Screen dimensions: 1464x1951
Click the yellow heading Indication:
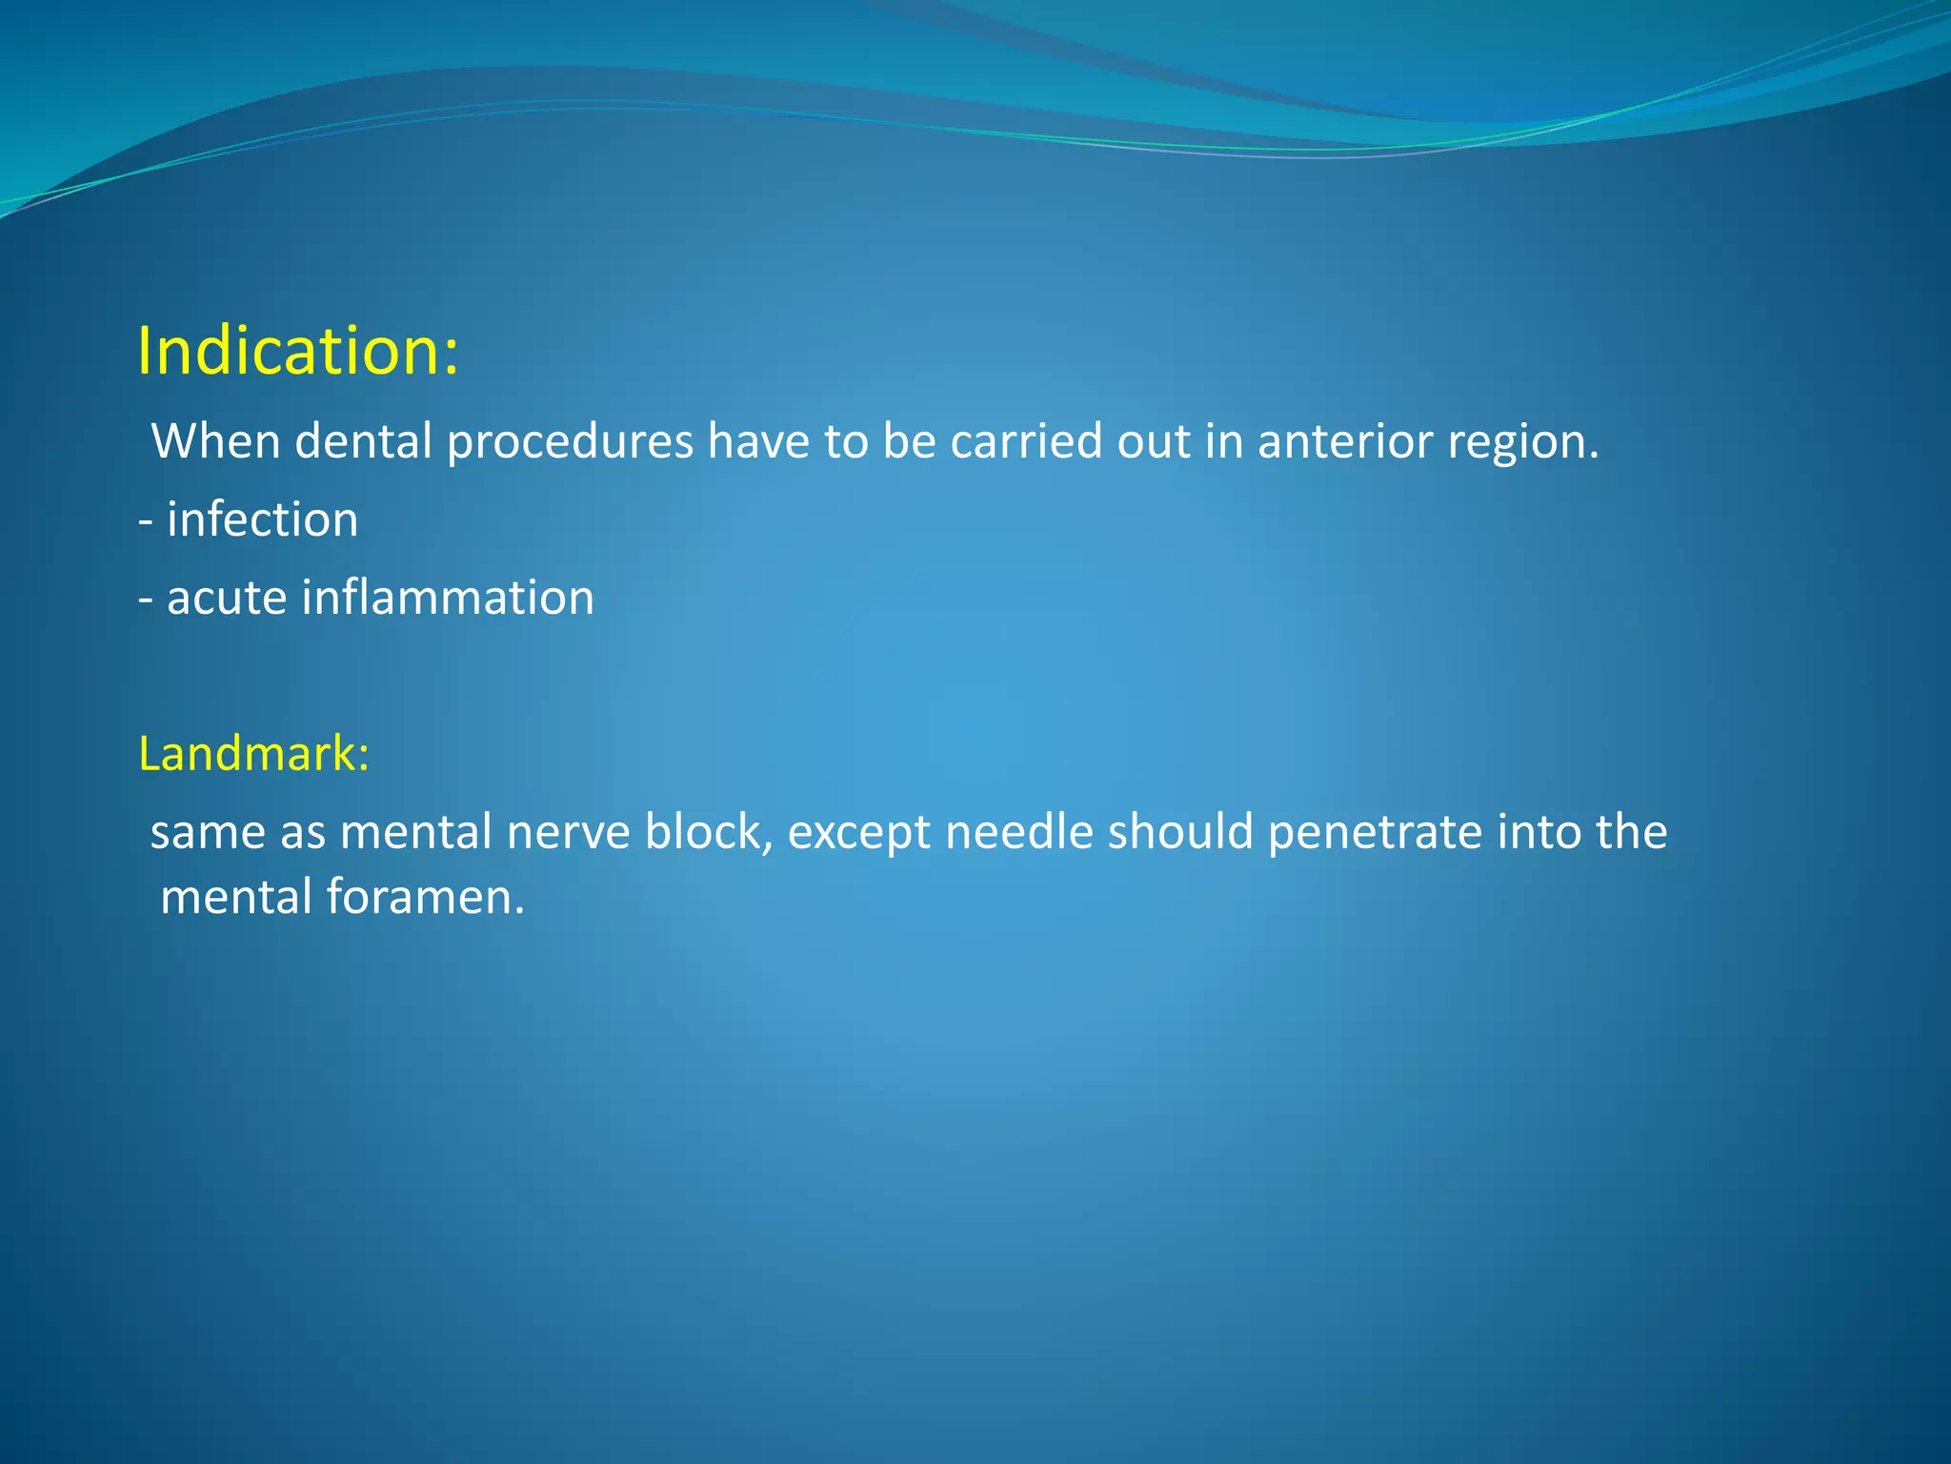297,351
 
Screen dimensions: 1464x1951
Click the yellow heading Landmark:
253,753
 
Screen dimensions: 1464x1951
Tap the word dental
364,441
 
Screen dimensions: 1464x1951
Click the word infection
262,519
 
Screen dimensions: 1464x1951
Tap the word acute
227,598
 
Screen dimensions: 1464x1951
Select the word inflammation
448,598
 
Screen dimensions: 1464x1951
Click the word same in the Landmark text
208,832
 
